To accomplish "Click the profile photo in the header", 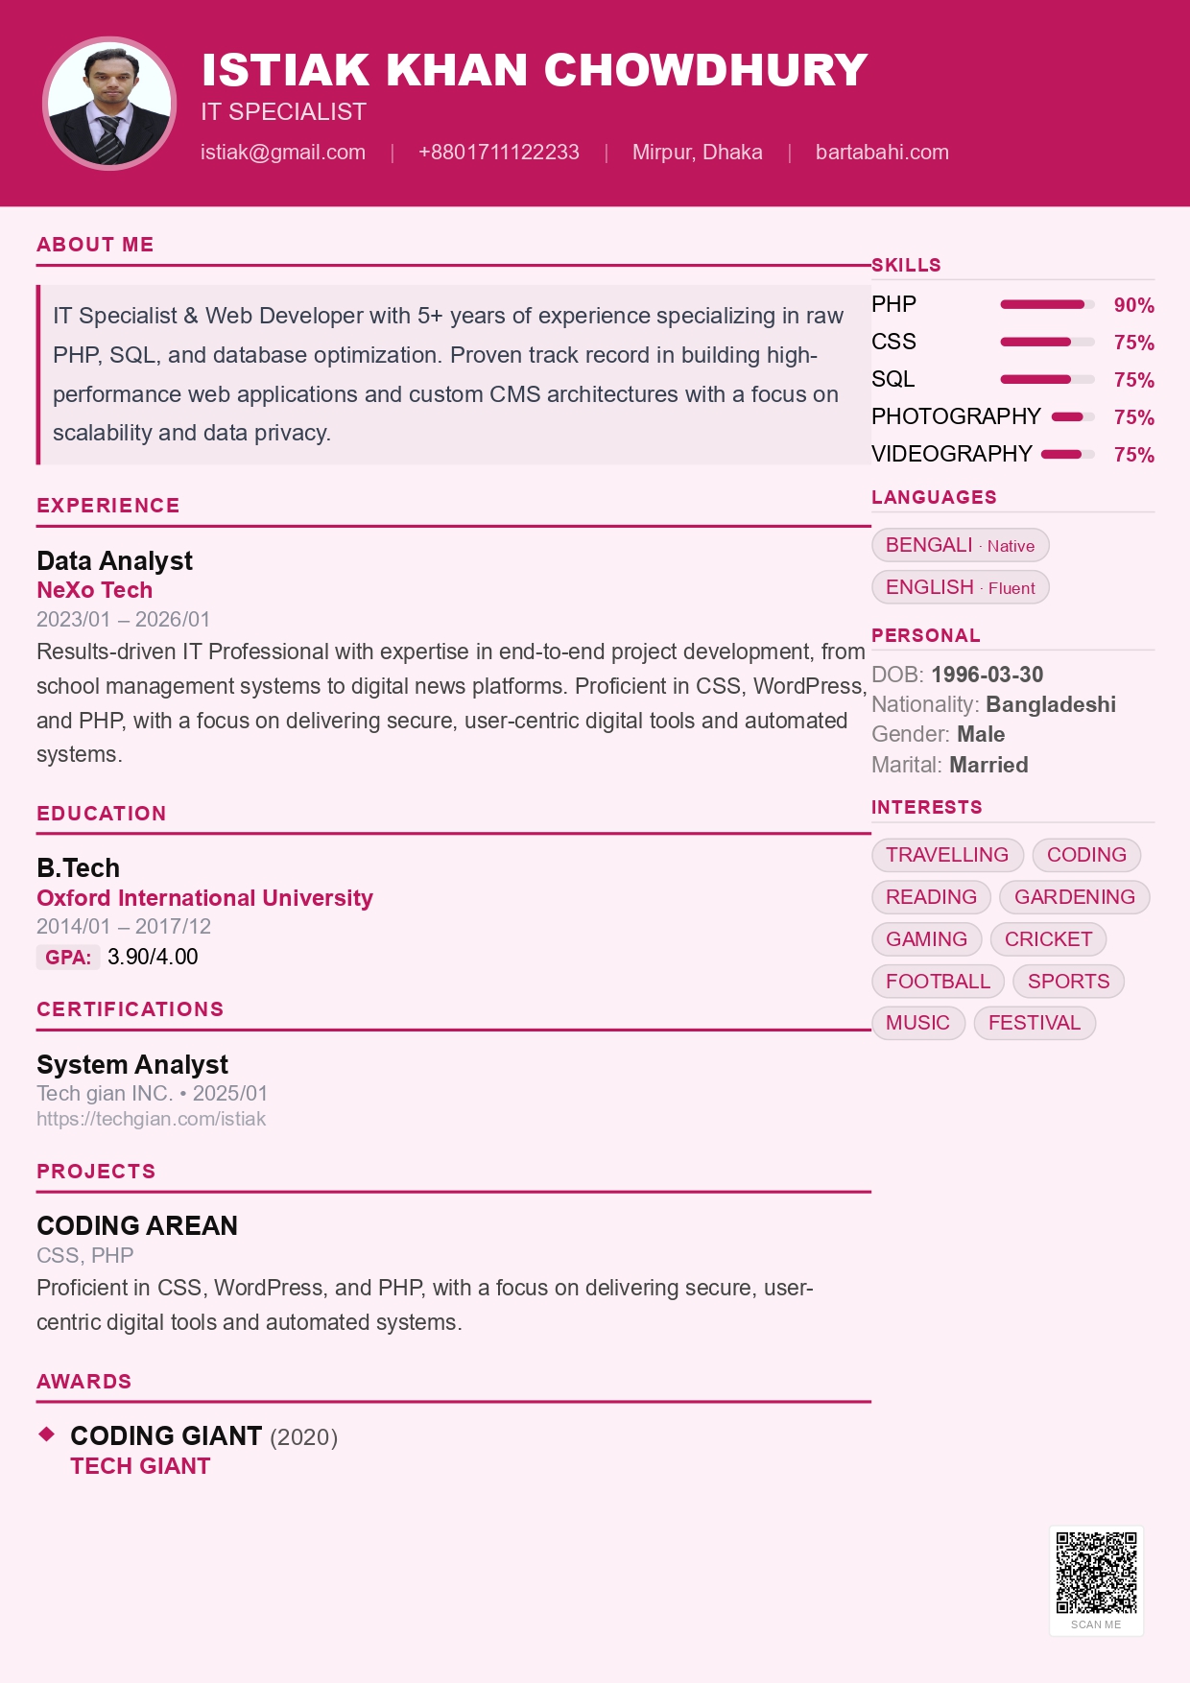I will pyautogui.click(x=109, y=104).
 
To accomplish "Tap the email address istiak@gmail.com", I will pyautogui.click(x=283, y=153).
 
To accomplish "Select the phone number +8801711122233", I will pyautogui.click(x=499, y=153).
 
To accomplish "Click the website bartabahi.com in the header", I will pyautogui.click(x=882, y=153).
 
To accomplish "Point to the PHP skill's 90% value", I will pyautogui.click(x=1133, y=305).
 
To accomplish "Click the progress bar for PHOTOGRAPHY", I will pyautogui.click(x=1073, y=417).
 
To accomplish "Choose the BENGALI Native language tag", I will pyautogui.click(x=960, y=545).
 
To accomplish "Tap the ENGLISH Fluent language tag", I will pyautogui.click(x=960, y=587).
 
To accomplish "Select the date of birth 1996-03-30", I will pyautogui.click(x=987, y=675).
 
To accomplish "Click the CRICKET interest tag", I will pyautogui.click(x=1048, y=939).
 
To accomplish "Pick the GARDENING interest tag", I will pyautogui.click(x=1074, y=897).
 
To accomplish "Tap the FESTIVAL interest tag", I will pyautogui.click(x=1034, y=1023).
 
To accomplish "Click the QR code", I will pyautogui.click(x=1096, y=1573).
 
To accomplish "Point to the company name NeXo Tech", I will pyautogui.click(x=94, y=590).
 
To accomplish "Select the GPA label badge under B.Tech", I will pyautogui.click(x=68, y=957).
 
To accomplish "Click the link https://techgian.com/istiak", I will pyautogui.click(x=151, y=1119).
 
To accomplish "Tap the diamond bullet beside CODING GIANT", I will pyautogui.click(x=46, y=1434).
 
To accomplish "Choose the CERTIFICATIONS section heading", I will pyautogui.click(x=130, y=1009).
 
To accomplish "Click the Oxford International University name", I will pyautogui.click(x=204, y=898).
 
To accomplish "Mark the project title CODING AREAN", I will pyautogui.click(x=137, y=1225).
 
